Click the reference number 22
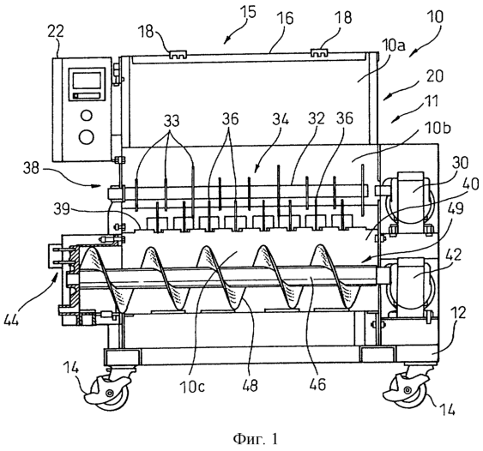click(56, 32)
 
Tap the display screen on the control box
click(87, 81)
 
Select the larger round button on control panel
click(87, 136)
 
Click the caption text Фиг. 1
click(256, 438)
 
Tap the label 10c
click(191, 386)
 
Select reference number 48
click(250, 386)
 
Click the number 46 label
click(318, 385)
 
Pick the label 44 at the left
click(12, 321)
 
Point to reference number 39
click(62, 210)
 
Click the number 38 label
click(32, 168)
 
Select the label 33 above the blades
click(172, 121)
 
